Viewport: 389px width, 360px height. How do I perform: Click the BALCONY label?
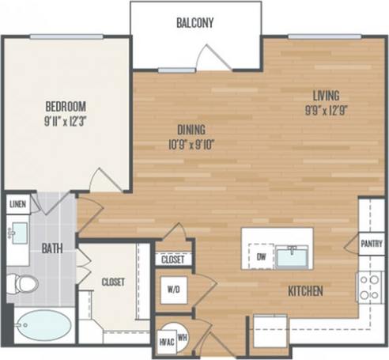(x=196, y=22)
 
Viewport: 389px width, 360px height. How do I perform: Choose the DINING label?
(x=191, y=130)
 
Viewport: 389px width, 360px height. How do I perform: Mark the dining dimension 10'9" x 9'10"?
(x=191, y=145)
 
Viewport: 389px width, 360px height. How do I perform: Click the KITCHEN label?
(x=304, y=291)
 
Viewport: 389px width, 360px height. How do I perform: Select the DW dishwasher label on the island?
(x=260, y=256)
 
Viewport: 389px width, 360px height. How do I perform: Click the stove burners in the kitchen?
(x=370, y=286)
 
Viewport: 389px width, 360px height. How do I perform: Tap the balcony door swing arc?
(x=212, y=56)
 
